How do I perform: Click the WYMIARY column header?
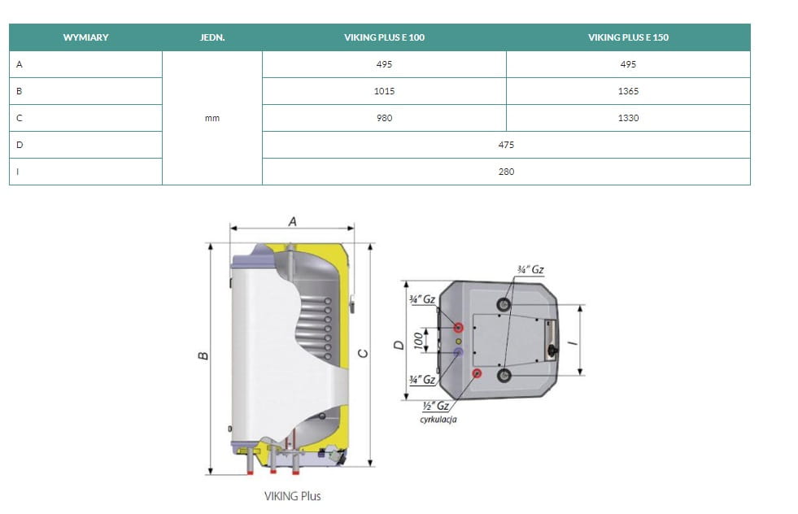click(x=85, y=37)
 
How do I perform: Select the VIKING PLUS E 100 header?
click(x=384, y=37)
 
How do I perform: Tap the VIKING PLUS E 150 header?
click(x=628, y=37)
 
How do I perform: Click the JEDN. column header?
click(x=212, y=37)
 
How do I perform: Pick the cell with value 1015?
click(x=384, y=91)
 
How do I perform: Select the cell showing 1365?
click(x=628, y=91)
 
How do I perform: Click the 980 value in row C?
click(x=384, y=118)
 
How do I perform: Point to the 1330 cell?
click(x=628, y=118)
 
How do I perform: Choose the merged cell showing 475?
click(x=506, y=145)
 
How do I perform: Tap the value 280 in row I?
click(x=506, y=172)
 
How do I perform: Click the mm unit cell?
click(x=212, y=118)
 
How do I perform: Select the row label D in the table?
click(x=20, y=145)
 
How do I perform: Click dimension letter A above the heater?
click(x=292, y=221)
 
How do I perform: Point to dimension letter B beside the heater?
click(x=203, y=355)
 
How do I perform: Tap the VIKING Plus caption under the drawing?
click(x=293, y=495)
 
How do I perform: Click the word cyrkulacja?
click(x=438, y=420)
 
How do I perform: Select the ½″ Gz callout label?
click(x=436, y=406)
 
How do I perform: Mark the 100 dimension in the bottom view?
click(x=418, y=340)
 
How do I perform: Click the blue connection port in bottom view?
click(x=459, y=352)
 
